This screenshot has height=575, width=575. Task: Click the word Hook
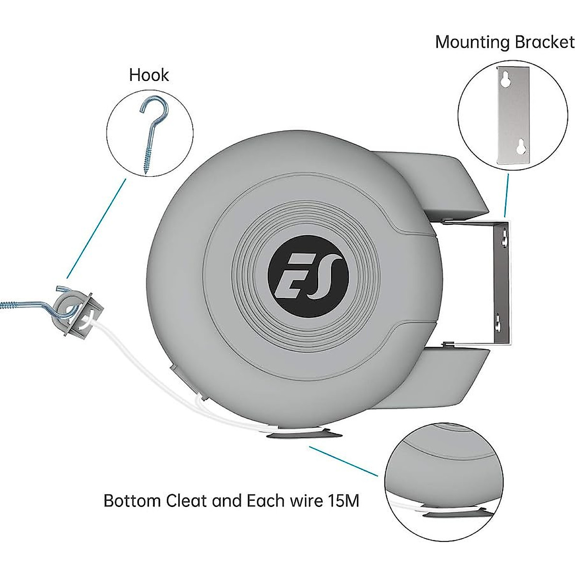[x=149, y=75]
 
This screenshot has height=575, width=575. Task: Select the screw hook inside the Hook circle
[x=153, y=134]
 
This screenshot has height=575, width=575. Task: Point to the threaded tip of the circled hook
[x=146, y=172]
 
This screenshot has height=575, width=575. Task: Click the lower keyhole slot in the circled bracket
[x=521, y=146]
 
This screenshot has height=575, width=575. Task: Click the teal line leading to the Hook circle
[x=96, y=229]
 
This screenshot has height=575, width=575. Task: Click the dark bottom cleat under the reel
[x=304, y=435]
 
